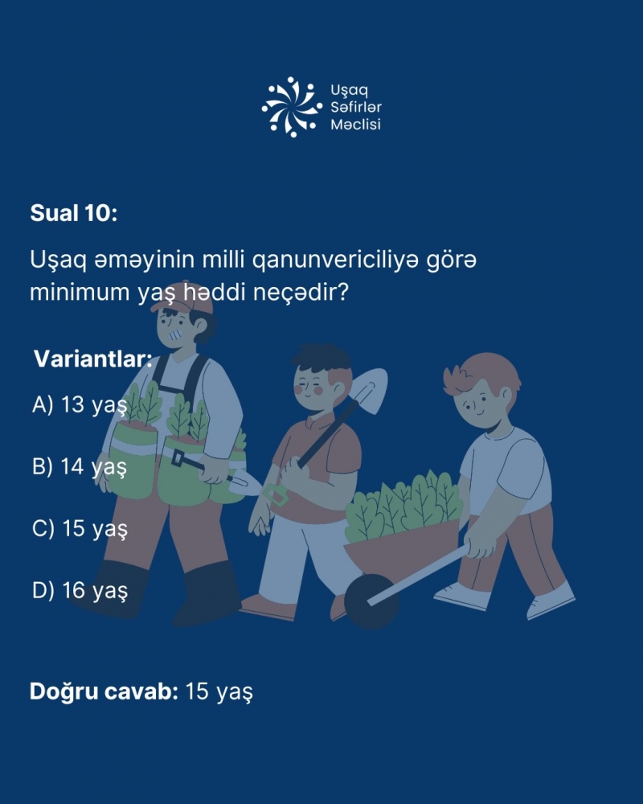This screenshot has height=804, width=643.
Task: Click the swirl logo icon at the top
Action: (292, 107)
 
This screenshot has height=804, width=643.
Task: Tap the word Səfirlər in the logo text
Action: (356, 107)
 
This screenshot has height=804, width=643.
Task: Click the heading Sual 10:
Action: (74, 213)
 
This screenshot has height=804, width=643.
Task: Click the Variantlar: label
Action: (93, 359)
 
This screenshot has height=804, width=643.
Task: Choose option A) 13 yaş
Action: (80, 405)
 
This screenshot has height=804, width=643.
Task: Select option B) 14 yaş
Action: (80, 467)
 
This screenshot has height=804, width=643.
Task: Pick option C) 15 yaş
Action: (80, 529)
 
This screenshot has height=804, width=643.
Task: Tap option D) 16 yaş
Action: (80, 591)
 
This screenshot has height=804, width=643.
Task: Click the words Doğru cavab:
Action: (104, 691)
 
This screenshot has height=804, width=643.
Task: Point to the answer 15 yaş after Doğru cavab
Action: (219, 691)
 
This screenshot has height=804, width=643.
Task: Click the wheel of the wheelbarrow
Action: (371, 601)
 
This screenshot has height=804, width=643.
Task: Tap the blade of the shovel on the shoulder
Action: (368, 390)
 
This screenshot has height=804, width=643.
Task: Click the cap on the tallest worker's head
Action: (183, 297)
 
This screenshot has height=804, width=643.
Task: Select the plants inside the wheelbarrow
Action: (403, 507)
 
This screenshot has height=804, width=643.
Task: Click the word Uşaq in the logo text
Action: (349, 91)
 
